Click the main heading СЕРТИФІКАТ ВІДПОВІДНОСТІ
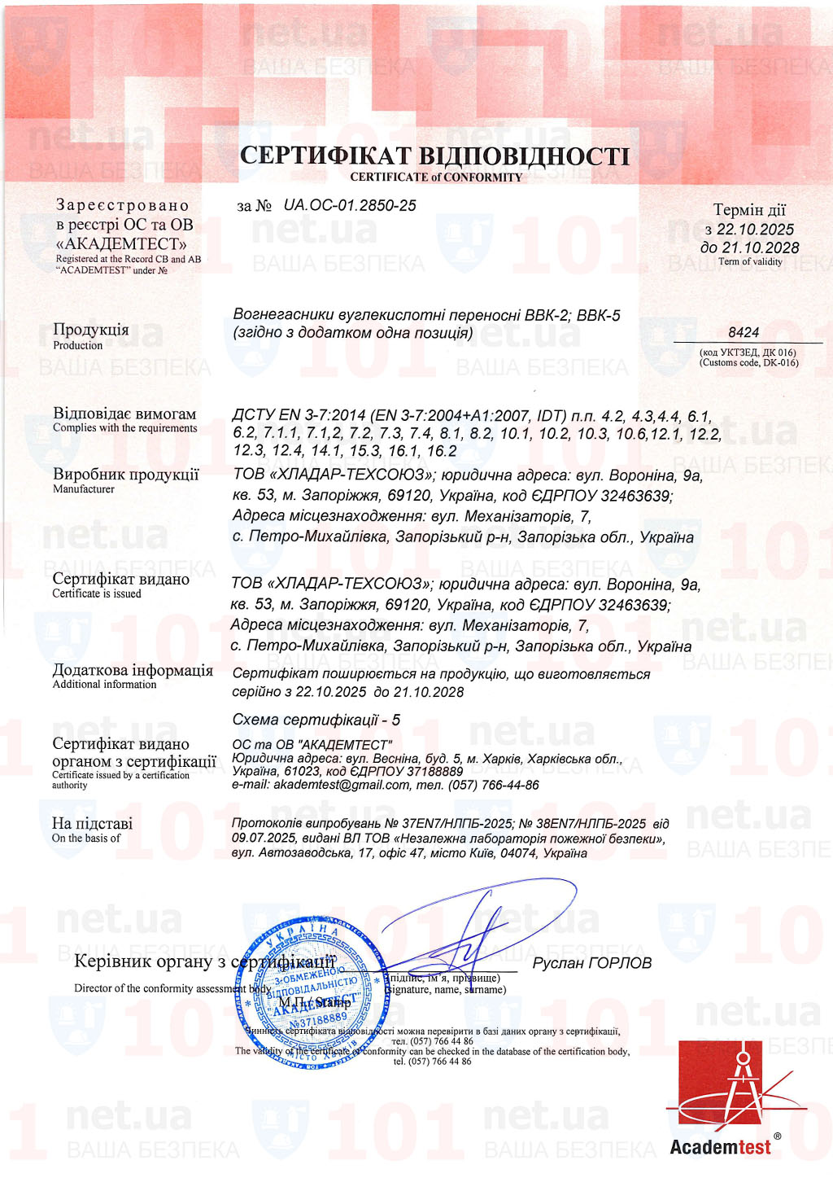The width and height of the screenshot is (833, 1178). [x=434, y=155]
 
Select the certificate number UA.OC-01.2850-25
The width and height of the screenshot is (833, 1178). [x=349, y=205]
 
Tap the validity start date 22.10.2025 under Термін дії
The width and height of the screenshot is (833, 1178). [x=755, y=230]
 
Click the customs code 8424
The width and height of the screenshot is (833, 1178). [x=744, y=332]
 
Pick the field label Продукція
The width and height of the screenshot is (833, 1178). [x=90, y=330]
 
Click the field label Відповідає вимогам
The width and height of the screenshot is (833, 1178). [x=124, y=414]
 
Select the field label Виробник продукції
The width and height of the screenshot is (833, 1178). [x=125, y=475]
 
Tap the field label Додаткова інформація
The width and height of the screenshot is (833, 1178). [x=133, y=671]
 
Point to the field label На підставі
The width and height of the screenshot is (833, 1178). [x=92, y=824]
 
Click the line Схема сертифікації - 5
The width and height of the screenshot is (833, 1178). [x=316, y=720]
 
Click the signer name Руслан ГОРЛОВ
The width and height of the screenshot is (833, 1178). [x=591, y=963]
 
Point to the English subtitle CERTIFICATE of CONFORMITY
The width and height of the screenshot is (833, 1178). [x=436, y=177]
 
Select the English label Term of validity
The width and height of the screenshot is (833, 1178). [x=750, y=261]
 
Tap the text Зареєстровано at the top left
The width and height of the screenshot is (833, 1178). [x=122, y=205]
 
